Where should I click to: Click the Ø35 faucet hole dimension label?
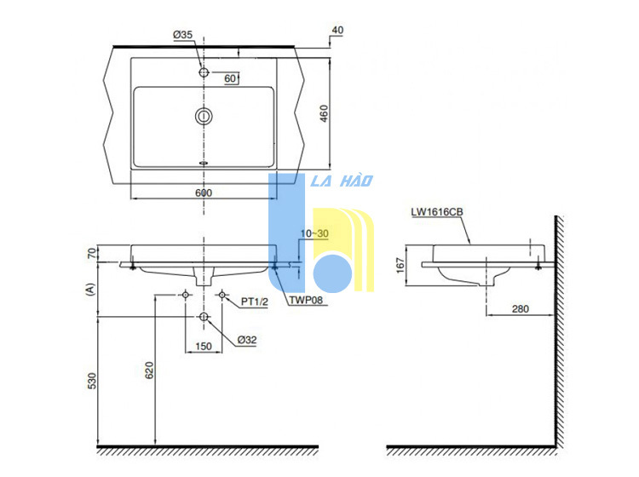pyautogui.click(x=182, y=35)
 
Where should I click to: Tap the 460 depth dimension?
pyautogui.click(x=324, y=113)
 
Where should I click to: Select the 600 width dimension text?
pyautogui.click(x=204, y=193)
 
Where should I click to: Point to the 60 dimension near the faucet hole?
pyautogui.click(x=230, y=78)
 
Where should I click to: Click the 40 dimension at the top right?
pyautogui.click(x=337, y=30)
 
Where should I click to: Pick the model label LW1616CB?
pyautogui.click(x=437, y=212)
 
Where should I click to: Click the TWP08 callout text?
pyautogui.click(x=306, y=300)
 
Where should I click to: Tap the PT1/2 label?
pyautogui.click(x=254, y=302)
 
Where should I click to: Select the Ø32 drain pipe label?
pyautogui.click(x=247, y=340)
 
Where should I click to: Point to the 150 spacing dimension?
pyautogui.click(x=204, y=346)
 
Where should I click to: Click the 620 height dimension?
pyautogui.click(x=150, y=371)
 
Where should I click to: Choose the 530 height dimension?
pyautogui.click(x=92, y=381)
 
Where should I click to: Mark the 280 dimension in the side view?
pyautogui.click(x=521, y=308)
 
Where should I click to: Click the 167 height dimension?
pyautogui.click(x=400, y=265)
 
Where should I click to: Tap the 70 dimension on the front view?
pyautogui.click(x=93, y=253)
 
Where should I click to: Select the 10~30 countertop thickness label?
pyautogui.click(x=314, y=233)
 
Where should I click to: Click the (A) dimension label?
pyautogui.click(x=90, y=290)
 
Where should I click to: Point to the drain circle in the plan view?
pyautogui.click(x=204, y=117)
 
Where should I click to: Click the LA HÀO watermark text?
pyautogui.click(x=342, y=181)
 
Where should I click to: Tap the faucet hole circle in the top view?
pyautogui.click(x=204, y=72)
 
